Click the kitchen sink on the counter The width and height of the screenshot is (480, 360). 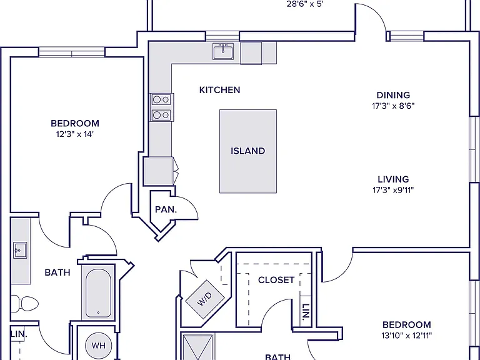[x=223, y=51]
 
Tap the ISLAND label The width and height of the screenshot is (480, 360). [x=247, y=151]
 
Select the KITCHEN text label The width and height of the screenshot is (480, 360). [x=219, y=90]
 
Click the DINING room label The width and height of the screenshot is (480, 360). [x=393, y=95]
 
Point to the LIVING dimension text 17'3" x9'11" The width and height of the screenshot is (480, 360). [x=393, y=190]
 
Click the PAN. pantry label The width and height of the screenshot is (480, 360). [x=166, y=210]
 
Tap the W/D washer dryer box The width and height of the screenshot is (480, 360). [x=205, y=299]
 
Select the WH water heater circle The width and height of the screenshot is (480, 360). [x=98, y=345]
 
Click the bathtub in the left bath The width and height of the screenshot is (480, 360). [x=98, y=293]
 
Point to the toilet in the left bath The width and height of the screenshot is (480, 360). [x=25, y=304]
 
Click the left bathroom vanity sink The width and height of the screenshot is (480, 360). [x=20, y=250]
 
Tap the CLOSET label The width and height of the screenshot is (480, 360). [x=276, y=280]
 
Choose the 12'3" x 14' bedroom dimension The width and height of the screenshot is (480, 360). [x=75, y=134]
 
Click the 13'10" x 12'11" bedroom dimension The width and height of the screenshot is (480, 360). [x=406, y=336]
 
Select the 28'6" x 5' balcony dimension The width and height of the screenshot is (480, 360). [x=305, y=4]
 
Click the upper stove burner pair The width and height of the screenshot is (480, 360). [x=161, y=99]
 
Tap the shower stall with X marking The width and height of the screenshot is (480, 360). [x=197, y=347]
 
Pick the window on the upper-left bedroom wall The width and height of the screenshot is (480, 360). [x=72, y=52]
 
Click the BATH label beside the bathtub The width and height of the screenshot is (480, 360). [x=57, y=272]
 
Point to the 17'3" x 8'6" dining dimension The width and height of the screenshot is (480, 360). [x=393, y=106]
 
